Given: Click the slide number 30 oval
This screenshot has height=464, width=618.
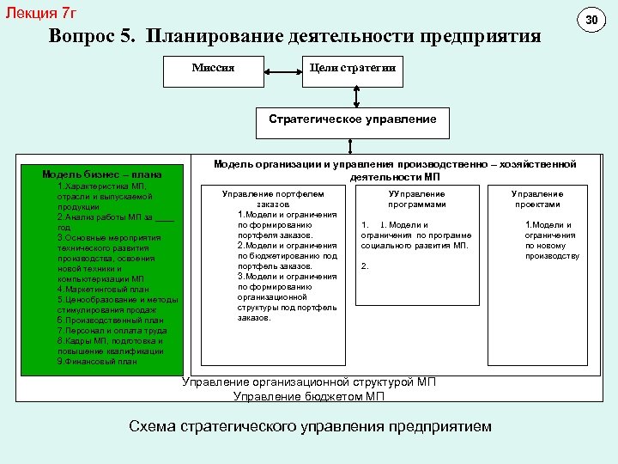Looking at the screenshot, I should (591, 19).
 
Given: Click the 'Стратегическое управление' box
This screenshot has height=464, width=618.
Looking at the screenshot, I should (352, 119).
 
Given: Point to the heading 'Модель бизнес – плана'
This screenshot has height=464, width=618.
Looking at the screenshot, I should (101, 174).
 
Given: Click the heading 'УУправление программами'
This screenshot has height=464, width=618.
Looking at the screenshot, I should (416, 199).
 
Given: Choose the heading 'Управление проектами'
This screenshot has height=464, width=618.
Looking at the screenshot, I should (537, 199).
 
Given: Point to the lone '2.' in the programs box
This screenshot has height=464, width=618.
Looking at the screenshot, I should (365, 266).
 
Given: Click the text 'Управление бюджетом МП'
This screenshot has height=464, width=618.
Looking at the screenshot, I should (309, 397).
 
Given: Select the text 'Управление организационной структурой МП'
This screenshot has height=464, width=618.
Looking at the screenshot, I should (309, 382).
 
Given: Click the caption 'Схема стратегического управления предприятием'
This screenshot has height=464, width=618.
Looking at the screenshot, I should (310, 426).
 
